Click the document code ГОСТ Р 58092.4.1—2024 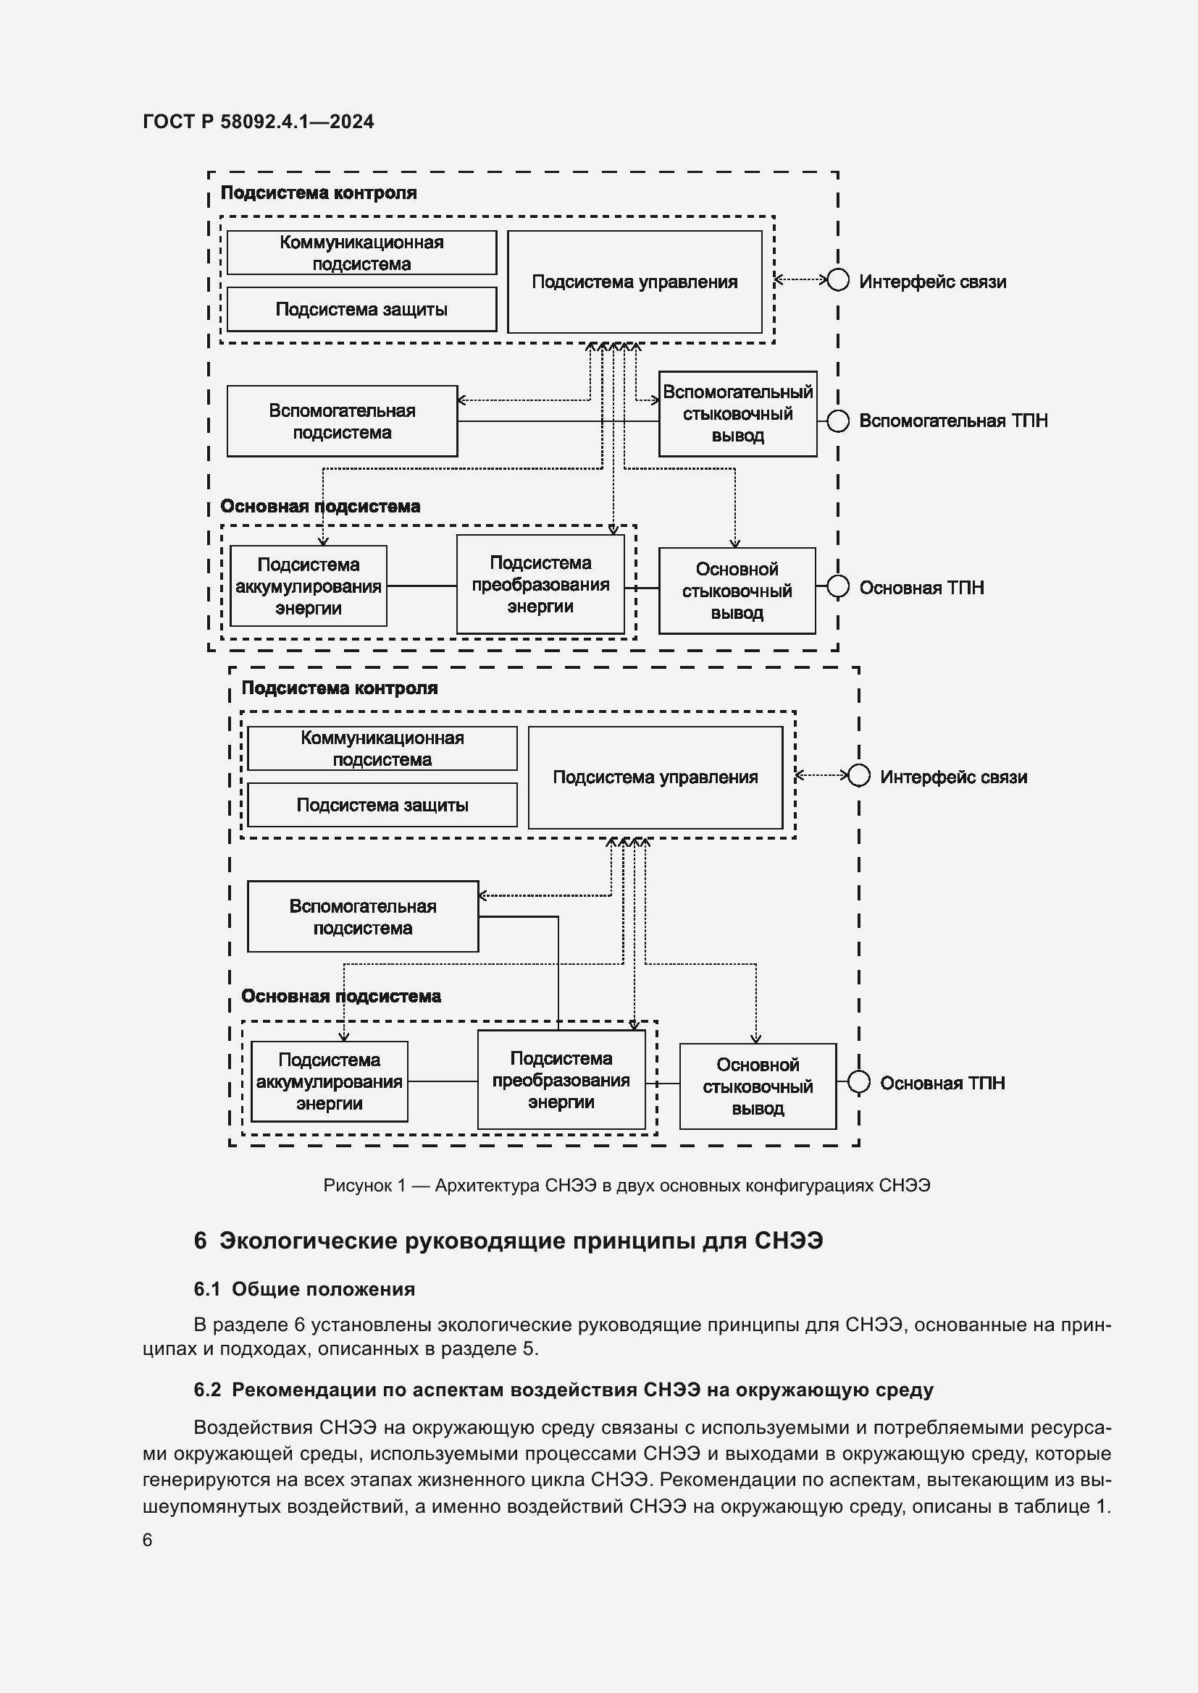258,122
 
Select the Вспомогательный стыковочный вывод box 737,414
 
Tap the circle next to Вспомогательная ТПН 837,421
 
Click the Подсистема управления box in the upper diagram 634,282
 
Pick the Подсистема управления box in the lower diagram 655,777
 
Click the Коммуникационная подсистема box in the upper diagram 361,253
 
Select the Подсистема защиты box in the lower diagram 382,805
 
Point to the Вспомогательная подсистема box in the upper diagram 342,421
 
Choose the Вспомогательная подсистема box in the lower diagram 362,916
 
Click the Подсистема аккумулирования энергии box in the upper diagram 309,586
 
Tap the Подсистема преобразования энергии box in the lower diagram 561,1080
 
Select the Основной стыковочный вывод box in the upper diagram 736,591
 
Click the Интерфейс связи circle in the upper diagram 837,280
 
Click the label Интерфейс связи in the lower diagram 953,777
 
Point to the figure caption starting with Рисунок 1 627,1186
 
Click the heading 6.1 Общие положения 304,1289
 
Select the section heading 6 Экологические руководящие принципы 508,1241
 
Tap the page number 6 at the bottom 148,1540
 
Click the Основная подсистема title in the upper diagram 320,507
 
